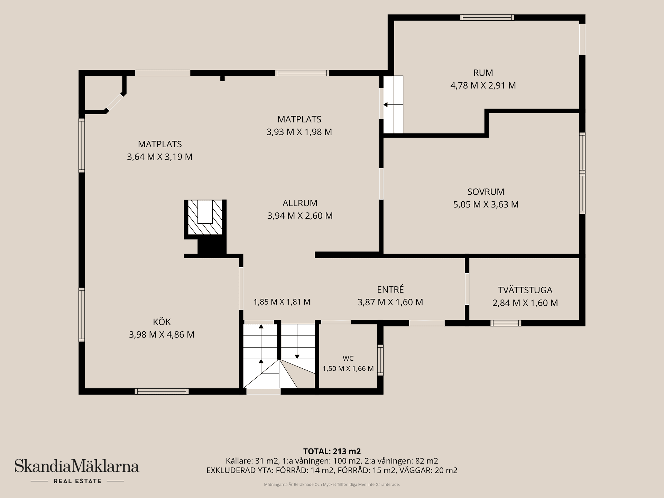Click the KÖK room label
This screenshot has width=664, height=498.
pyautogui.click(x=162, y=322)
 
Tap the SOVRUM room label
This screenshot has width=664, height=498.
pyautogui.click(x=486, y=192)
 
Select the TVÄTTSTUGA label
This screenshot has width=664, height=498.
pyautogui.click(x=525, y=290)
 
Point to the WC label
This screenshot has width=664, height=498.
pyautogui.click(x=348, y=359)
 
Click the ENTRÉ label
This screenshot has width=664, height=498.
pyautogui.click(x=390, y=289)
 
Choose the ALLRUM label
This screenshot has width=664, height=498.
pyautogui.click(x=300, y=203)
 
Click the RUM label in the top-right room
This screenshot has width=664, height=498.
pyautogui.click(x=483, y=73)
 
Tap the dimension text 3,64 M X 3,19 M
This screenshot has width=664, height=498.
pyautogui.click(x=160, y=157)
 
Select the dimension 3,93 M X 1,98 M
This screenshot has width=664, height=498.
pyautogui.click(x=299, y=132)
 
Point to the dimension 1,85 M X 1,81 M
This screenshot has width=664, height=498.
pyautogui.click(x=282, y=302)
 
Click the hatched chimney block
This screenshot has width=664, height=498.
pyautogui.click(x=205, y=217)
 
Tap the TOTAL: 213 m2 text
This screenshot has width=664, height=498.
pyautogui.click(x=332, y=451)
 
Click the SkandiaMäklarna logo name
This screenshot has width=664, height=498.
pyautogui.click(x=77, y=466)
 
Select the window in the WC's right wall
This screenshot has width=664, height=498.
pyautogui.click(x=380, y=360)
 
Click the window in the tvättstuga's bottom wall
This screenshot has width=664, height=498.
pyautogui.click(x=506, y=323)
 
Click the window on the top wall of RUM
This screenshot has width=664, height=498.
pyautogui.click(x=487, y=18)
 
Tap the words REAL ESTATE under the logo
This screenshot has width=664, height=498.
pyautogui.click(x=77, y=481)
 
